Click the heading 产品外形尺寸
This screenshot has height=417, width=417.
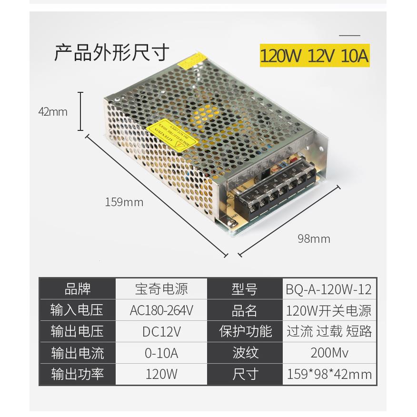[111, 52]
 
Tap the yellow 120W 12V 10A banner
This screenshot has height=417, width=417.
[314, 56]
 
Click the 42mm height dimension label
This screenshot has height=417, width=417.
[53, 112]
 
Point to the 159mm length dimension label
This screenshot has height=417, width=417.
[124, 202]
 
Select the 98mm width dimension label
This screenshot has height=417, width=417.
[314, 238]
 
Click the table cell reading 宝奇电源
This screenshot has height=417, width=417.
[161, 288]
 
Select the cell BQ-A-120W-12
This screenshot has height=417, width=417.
[328, 288]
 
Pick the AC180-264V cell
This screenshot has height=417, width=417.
[161, 310]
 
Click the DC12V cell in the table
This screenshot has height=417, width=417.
[161, 331]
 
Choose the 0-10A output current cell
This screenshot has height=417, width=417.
[161, 353]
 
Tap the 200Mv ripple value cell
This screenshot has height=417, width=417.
[328, 353]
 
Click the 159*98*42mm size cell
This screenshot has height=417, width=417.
[328, 375]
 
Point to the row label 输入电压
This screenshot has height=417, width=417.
[77, 310]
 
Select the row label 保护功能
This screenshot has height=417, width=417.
[245, 331]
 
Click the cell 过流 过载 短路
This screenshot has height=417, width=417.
[328, 331]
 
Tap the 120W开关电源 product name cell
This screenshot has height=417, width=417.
[328, 310]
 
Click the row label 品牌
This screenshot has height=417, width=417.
[77, 288]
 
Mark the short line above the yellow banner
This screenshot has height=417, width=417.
[349, 35]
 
